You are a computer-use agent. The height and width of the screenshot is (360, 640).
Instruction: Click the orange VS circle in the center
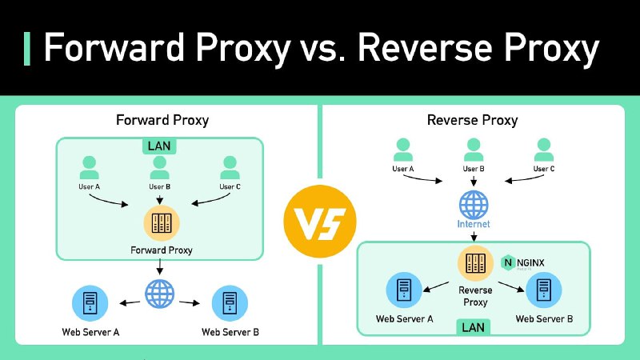tap(319, 222)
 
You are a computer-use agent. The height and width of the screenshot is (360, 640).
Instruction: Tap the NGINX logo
tap(523, 263)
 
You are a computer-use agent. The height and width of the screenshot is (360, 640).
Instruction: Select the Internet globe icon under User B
tap(474, 205)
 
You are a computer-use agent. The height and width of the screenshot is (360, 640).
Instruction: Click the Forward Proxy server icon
tap(162, 223)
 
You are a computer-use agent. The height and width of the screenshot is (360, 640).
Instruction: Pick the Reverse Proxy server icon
tap(475, 263)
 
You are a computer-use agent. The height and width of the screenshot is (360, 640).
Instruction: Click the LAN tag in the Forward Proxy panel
tap(159, 146)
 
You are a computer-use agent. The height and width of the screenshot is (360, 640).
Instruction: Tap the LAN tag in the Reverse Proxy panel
tap(473, 327)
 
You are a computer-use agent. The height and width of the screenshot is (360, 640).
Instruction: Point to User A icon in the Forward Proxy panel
tap(89, 168)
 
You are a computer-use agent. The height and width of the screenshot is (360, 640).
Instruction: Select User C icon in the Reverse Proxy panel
tap(544, 150)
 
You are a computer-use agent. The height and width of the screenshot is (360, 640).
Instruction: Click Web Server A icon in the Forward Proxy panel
tap(90, 303)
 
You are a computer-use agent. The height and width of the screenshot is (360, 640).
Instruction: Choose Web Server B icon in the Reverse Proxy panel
tap(544, 290)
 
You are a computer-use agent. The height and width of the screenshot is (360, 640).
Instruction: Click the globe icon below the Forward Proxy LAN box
tap(159, 294)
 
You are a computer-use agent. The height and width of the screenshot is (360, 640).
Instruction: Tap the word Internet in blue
tap(474, 224)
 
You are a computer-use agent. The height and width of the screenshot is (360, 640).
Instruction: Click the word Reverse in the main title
tap(426, 48)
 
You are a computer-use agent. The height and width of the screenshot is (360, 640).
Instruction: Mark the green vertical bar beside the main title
tap(27, 49)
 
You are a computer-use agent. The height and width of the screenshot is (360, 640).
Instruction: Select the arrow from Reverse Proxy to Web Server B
tap(511, 286)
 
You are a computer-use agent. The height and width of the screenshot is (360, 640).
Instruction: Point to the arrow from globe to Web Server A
tap(130, 303)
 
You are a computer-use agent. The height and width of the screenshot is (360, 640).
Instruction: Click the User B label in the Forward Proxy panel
tap(159, 186)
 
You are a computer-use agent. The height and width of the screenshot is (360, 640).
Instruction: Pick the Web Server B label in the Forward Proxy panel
tap(230, 332)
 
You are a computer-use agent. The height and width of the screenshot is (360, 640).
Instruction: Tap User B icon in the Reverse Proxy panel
tap(474, 150)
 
